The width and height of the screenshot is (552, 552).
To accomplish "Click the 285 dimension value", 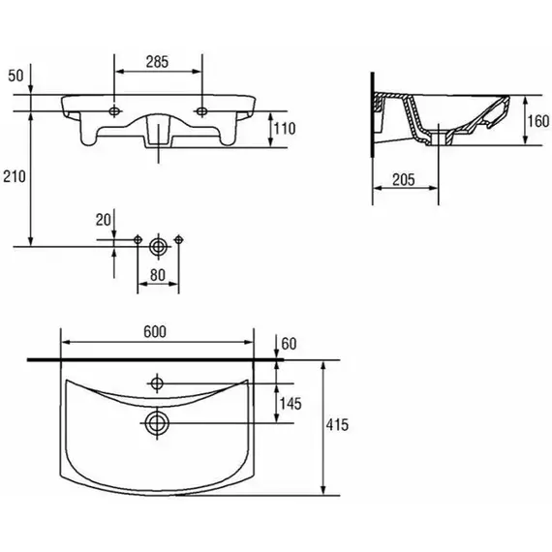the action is tap(157, 62).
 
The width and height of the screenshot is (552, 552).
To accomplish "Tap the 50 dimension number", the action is tap(15, 76).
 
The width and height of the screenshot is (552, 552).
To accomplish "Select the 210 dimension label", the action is tap(15, 176).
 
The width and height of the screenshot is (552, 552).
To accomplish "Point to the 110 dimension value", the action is tap(285, 129).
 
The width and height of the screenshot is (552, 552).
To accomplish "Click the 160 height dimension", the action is tap(538, 121).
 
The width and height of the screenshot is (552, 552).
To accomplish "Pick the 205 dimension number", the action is tap(404, 180).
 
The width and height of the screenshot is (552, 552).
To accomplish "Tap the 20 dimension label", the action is tap(104, 220).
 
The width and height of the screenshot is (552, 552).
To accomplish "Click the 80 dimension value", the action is tap(157, 275).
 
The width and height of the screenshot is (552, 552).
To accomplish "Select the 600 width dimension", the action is tap(155, 332).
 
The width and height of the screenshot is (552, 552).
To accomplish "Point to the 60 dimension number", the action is tap(289, 344).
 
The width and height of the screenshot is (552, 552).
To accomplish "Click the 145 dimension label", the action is tap(291, 404).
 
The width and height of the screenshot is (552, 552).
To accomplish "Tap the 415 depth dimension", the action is tap(337, 424).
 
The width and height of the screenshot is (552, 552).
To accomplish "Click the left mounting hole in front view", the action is tap(114, 111).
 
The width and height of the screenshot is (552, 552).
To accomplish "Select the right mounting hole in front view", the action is tap(201, 111).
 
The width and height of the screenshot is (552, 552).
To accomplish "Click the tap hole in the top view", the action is tap(157, 383).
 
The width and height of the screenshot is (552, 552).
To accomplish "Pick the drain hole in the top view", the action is tap(157, 423).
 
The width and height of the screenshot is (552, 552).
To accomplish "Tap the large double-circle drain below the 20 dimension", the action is tap(158, 246).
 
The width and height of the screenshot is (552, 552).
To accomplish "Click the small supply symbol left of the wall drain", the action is tap(138, 240).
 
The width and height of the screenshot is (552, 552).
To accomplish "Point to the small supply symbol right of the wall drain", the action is tap(178, 240).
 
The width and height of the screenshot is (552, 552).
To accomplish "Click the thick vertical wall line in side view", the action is tap(373, 115).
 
